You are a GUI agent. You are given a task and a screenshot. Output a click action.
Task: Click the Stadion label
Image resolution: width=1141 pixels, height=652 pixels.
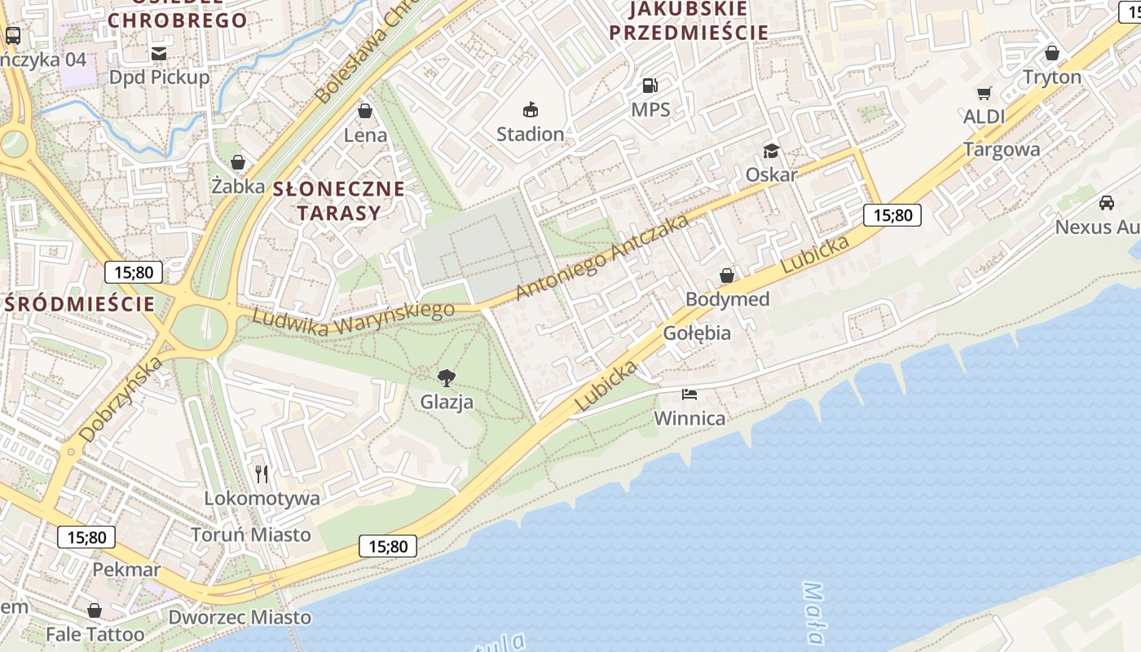point(530,134)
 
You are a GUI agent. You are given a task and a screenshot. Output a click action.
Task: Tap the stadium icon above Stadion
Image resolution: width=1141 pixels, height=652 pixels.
point(531,109)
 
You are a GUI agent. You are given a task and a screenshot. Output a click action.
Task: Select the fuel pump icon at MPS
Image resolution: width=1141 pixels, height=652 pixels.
point(650,85)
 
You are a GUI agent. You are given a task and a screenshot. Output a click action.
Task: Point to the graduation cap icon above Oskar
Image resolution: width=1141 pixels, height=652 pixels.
point(770,151)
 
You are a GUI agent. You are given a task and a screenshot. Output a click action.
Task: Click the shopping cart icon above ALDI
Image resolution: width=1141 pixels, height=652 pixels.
point(985,93)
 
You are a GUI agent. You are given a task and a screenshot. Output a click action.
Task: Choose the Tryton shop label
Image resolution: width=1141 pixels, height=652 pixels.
point(1052,77)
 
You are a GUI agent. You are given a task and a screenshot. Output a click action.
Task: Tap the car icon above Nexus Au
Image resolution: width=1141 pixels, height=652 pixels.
point(1106,202)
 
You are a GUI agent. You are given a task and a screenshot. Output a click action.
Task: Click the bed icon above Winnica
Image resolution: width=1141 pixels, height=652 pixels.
point(689,395)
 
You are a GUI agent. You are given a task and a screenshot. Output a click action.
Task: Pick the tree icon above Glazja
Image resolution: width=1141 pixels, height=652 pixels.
point(446,377)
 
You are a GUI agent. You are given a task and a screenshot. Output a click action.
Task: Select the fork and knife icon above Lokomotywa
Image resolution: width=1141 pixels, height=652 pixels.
point(262,474)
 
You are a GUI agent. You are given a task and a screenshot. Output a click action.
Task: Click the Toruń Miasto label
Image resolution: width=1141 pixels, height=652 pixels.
point(251,535)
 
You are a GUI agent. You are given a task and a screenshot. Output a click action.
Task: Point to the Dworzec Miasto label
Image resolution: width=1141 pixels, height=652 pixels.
point(240,617)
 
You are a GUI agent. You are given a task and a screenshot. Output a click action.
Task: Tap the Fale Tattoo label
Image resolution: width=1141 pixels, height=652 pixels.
point(95,634)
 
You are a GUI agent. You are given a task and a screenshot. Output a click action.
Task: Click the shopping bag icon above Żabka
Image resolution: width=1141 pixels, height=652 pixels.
point(238,162)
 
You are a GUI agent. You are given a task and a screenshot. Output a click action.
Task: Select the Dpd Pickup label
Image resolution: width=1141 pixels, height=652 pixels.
point(160,77)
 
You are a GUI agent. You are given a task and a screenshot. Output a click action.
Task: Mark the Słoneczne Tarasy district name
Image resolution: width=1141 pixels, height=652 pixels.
point(338,200)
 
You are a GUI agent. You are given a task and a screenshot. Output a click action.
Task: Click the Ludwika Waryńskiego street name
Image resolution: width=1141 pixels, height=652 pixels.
point(352,318)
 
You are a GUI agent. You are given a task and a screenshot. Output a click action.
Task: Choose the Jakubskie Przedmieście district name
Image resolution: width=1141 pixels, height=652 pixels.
point(689,20)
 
